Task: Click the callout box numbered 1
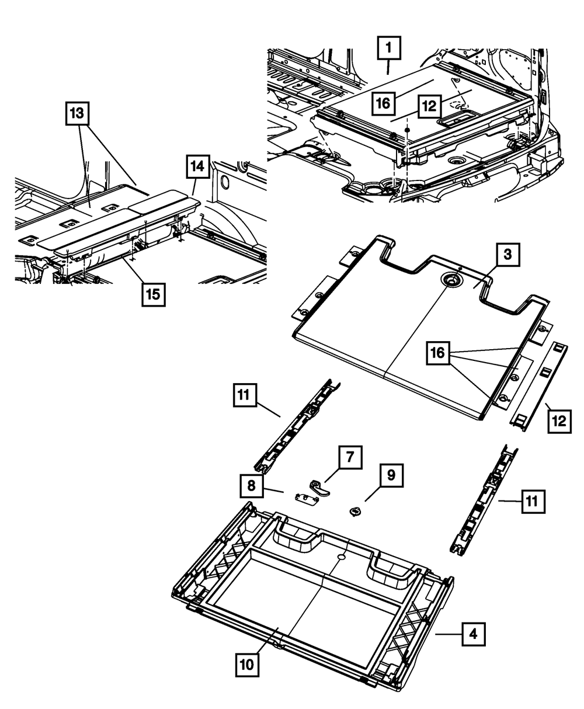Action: pos(389,48)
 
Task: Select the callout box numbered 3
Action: pos(507,254)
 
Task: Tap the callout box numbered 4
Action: pos(473,634)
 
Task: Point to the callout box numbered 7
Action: pos(350,457)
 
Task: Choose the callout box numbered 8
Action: pos(251,486)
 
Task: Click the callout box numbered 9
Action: pos(391,475)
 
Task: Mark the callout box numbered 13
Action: pos(77,113)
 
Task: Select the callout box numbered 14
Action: pos(198,166)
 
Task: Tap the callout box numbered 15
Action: pos(154,295)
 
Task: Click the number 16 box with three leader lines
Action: pos(438,353)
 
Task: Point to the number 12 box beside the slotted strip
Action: pos(559,422)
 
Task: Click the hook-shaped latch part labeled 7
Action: pos(320,488)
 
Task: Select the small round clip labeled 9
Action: pos(355,511)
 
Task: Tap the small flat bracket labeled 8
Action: pos(306,499)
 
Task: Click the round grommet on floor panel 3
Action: pos(451,281)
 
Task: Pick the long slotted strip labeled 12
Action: pos(538,387)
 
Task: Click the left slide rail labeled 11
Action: pos(297,426)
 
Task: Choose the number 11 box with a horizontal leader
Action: pos(533,501)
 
